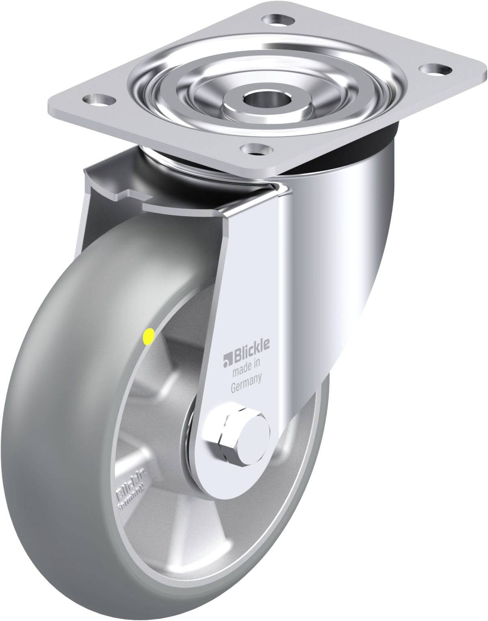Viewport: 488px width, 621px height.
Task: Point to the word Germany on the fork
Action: [x=246, y=377]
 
